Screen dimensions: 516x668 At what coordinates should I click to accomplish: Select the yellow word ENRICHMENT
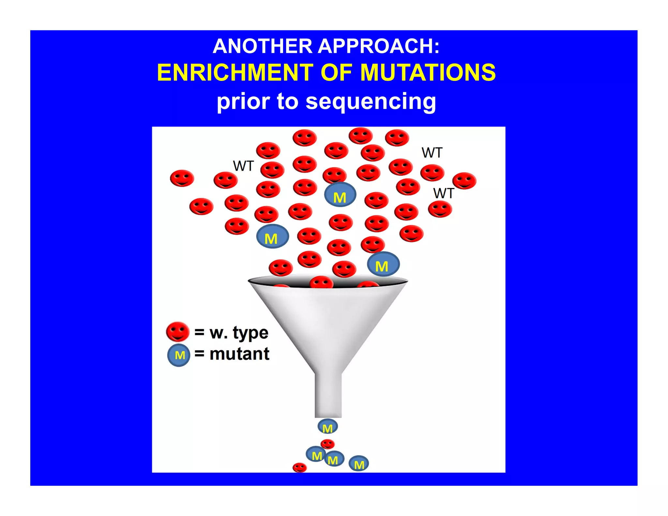pyautogui.click(x=235, y=72)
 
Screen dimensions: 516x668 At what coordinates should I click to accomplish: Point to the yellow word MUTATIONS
pyautogui.click(x=428, y=72)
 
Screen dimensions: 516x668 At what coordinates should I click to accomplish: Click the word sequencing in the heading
pyautogui.click(x=371, y=102)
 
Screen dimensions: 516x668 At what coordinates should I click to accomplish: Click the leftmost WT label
pyautogui.click(x=243, y=166)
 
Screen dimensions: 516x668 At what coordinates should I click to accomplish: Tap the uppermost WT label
pyautogui.click(x=432, y=153)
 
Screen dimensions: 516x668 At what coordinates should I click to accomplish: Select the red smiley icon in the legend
pyautogui.click(x=177, y=332)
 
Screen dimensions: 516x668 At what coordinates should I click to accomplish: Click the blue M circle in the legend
pyautogui.click(x=179, y=355)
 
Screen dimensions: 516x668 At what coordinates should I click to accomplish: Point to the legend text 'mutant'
pyautogui.click(x=239, y=354)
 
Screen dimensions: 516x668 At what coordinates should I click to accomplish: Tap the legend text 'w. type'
pyautogui.click(x=239, y=333)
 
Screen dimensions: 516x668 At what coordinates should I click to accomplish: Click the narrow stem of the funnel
pyautogui.click(x=328, y=395)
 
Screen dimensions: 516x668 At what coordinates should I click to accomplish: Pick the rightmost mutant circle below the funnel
pyautogui.click(x=359, y=464)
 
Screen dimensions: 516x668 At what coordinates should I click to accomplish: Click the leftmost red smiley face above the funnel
pyautogui.click(x=182, y=178)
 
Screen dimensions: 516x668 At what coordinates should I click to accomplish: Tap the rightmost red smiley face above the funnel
pyautogui.click(x=464, y=181)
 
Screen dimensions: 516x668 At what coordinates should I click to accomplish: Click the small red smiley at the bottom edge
pyautogui.click(x=299, y=467)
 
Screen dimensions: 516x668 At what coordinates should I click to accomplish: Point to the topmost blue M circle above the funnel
pyautogui.click(x=340, y=195)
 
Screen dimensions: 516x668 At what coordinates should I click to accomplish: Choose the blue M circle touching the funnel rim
pyautogui.click(x=383, y=264)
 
